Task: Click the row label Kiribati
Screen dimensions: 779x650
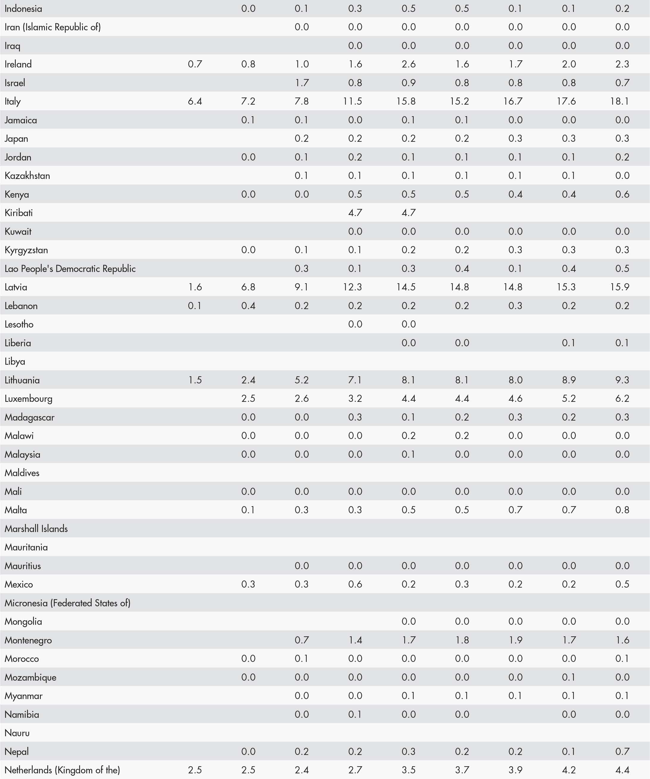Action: click(x=18, y=213)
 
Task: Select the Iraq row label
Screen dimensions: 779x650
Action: click(x=12, y=46)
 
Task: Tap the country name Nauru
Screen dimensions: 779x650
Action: click(x=17, y=733)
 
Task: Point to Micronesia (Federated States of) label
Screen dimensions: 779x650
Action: click(x=68, y=603)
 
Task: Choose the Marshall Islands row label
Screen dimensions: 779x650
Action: click(x=36, y=529)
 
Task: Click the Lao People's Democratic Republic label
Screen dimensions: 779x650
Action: click(x=70, y=269)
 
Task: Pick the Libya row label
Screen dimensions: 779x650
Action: click(x=15, y=361)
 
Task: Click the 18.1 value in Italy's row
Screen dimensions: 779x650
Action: click(x=620, y=101)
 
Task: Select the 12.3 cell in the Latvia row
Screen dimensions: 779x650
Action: click(x=352, y=287)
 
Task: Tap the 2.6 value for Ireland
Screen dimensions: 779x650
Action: click(x=408, y=64)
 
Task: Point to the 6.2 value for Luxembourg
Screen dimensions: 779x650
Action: click(x=622, y=398)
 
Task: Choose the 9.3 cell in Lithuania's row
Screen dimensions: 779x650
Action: click(x=622, y=380)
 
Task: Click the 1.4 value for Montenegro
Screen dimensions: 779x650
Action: click(x=355, y=640)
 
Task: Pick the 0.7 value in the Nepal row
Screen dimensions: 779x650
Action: click(x=622, y=751)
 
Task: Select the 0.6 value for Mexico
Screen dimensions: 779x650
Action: click(x=355, y=584)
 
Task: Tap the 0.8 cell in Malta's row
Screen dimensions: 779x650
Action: click(x=622, y=510)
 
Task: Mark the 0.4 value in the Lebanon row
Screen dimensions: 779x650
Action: click(x=248, y=306)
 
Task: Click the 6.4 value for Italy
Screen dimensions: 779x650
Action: click(x=195, y=101)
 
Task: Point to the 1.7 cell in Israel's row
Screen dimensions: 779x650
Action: click(x=301, y=83)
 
